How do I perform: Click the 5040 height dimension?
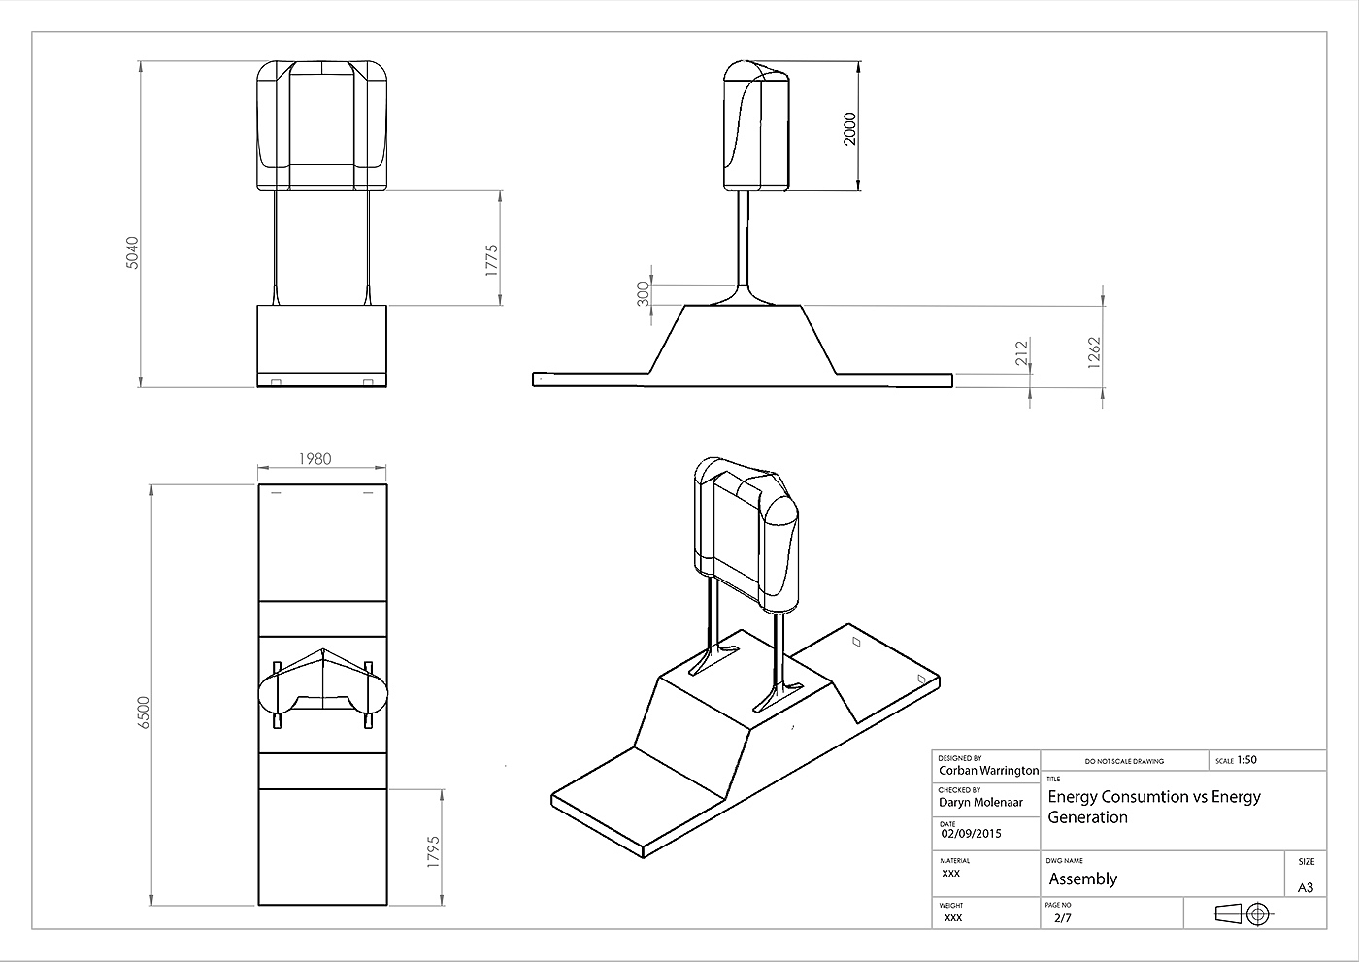pyautogui.click(x=134, y=252)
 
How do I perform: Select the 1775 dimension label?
pyautogui.click(x=491, y=260)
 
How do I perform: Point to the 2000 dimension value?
pyautogui.click(x=850, y=128)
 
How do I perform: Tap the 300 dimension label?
pyautogui.click(x=643, y=295)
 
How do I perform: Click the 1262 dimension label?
pyautogui.click(x=1095, y=352)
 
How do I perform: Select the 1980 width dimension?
pyautogui.click(x=315, y=458)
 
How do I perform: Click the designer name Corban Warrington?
pyautogui.click(x=988, y=770)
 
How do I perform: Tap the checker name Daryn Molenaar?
pyautogui.click(x=980, y=803)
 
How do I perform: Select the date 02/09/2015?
pyautogui.click(x=971, y=833)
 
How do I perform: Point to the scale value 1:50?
pyautogui.click(x=1247, y=760)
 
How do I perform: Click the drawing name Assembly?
pyautogui.click(x=1082, y=879)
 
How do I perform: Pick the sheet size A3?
pyautogui.click(x=1306, y=887)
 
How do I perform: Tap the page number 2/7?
pyautogui.click(x=1063, y=917)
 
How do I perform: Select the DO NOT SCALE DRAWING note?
pyautogui.click(x=1124, y=761)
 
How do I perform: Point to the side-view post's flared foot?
pyautogui.click(x=744, y=297)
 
